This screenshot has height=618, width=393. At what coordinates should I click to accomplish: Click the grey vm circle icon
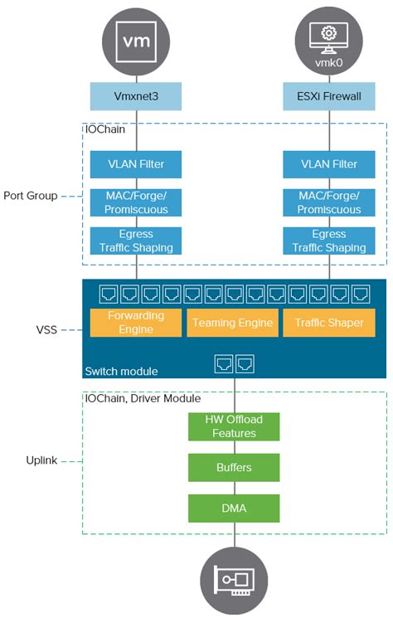pos(135,39)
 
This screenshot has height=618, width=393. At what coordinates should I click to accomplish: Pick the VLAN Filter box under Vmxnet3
pos(135,163)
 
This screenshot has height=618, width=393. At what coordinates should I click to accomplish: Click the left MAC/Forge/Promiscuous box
pos(135,202)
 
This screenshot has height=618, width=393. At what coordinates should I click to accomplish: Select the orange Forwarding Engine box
pos(135,322)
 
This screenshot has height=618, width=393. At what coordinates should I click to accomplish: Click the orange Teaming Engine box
pos(232,323)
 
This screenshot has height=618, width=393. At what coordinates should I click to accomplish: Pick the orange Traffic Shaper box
pos(329,323)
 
